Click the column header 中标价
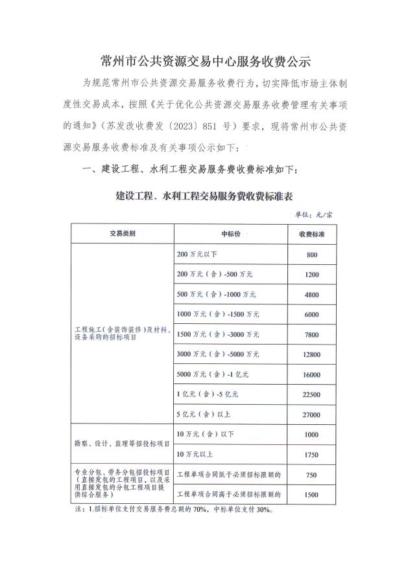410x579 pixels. click(x=230, y=234)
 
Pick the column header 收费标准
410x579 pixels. click(x=311, y=234)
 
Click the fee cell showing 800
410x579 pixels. click(x=311, y=255)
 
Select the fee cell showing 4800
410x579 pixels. click(x=311, y=295)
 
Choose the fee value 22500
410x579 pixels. click(x=311, y=394)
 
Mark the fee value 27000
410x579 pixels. click(x=311, y=414)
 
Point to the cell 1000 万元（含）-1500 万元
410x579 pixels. click(x=217, y=315)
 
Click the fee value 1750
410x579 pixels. click(x=311, y=455)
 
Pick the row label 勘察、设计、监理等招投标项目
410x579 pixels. click(x=121, y=444)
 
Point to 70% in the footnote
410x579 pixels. click(x=199, y=510)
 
